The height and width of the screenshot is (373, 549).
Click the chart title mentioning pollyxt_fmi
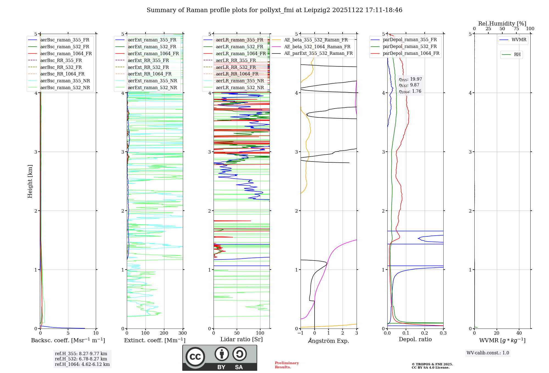point(274,10)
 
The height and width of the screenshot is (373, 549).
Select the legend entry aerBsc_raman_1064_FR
point(66,53)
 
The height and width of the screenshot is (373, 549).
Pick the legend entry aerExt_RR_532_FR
point(149,67)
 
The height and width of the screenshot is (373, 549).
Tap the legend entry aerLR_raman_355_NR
point(240,81)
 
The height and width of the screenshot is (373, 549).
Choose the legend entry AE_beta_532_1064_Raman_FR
point(317,47)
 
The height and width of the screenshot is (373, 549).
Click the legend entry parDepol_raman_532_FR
point(410,47)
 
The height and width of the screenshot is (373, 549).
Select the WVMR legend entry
point(519,40)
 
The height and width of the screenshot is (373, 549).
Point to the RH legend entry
point(517,55)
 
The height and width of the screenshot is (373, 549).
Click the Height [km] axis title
point(30,181)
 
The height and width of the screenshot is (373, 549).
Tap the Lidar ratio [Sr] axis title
point(241,339)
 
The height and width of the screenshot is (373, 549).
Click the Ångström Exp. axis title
point(329,341)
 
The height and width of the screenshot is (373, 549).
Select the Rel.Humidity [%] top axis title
point(502,24)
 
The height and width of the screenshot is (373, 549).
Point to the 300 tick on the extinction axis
point(183,333)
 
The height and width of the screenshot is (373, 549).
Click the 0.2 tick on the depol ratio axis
point(424,333)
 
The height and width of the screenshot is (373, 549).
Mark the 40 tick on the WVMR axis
point(519,333)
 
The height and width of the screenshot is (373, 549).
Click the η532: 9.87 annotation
point(409,85)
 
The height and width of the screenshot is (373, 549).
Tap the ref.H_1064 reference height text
point(82,364)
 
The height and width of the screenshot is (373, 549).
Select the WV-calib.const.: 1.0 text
point(488,353)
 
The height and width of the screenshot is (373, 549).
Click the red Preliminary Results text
point(287,365)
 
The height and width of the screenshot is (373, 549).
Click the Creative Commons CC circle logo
point(195,357)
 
